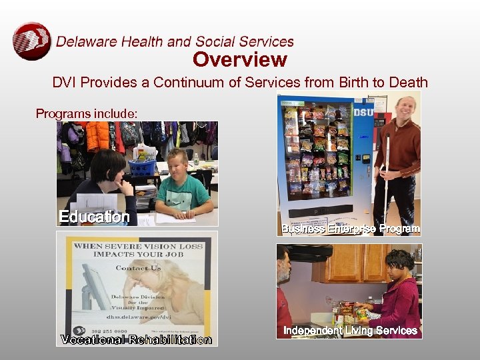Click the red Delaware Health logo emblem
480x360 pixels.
click(31, 41)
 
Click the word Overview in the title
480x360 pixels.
click(240, 60)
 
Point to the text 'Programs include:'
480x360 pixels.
click(87, 114)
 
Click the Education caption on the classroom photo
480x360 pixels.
click(94, 217)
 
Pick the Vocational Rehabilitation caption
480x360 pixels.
click(136, 340)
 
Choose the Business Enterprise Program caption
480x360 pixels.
click(351, 229)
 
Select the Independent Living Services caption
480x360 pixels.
click(350, 331)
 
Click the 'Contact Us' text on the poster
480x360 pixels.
click(138, 268)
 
